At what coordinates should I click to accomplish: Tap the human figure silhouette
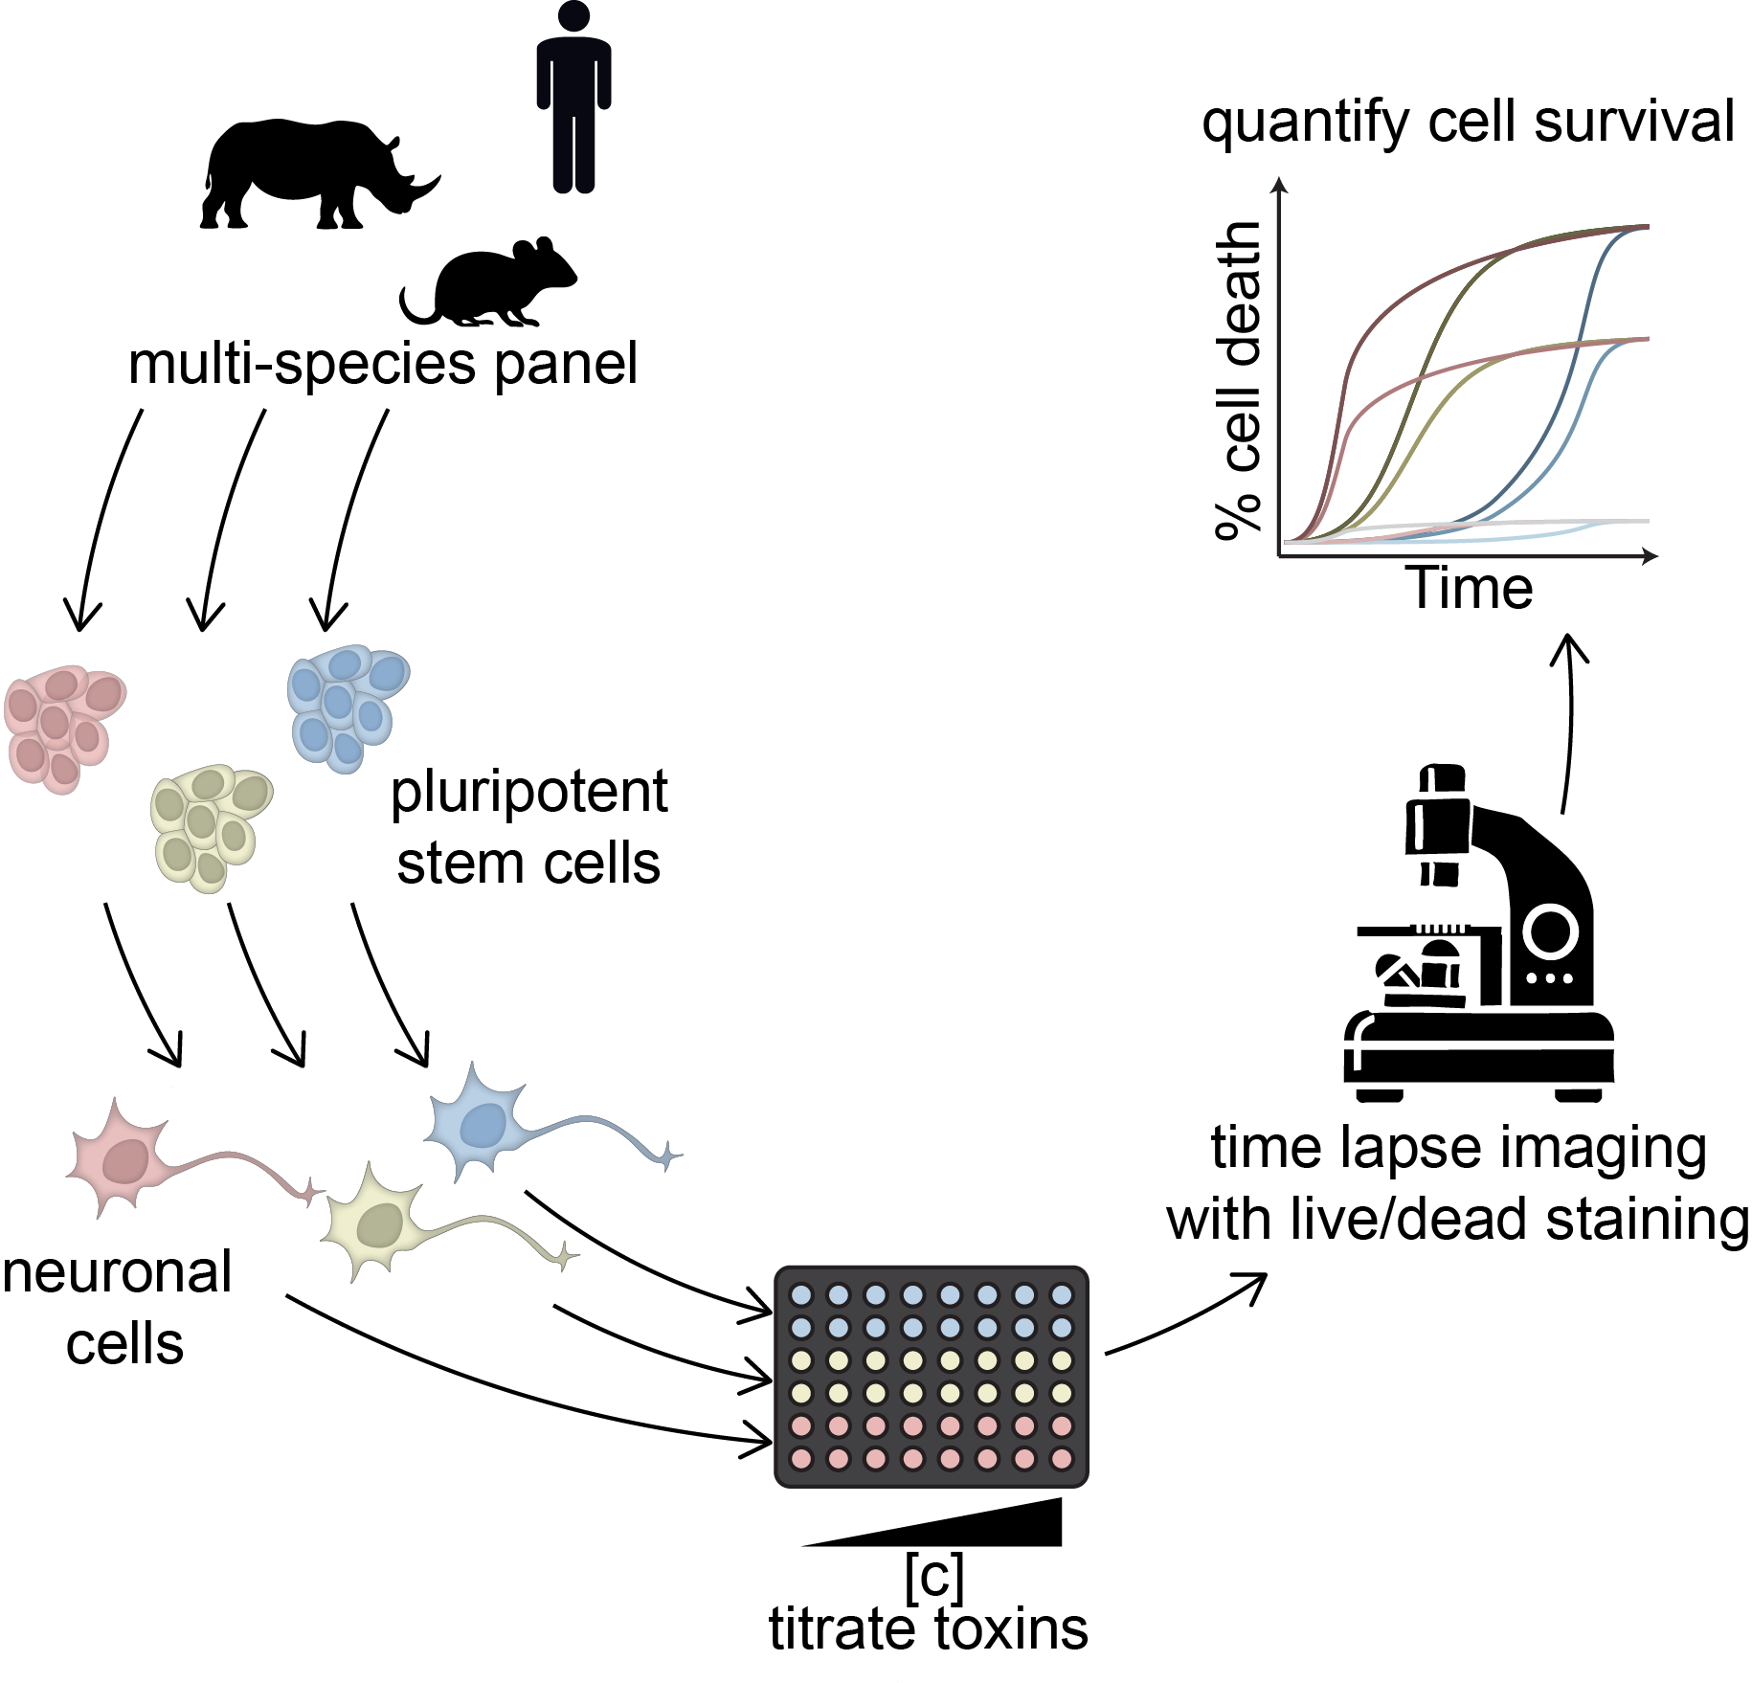[x=573, y=96]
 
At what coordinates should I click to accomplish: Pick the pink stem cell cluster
[x=63, y=728]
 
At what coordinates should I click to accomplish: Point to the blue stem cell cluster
[x=347, y=707]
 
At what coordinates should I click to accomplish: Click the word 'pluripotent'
[x=528, y=793]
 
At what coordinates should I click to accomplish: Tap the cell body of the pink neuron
[x=124, y=1160]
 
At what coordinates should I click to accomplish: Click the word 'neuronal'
[x=117, y=1273]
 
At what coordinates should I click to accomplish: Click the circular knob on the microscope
[x=1550, y=931]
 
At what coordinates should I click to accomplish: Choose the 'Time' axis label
[x=1469, y=588]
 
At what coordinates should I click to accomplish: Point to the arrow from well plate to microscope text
[x=1187, y=1316]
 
